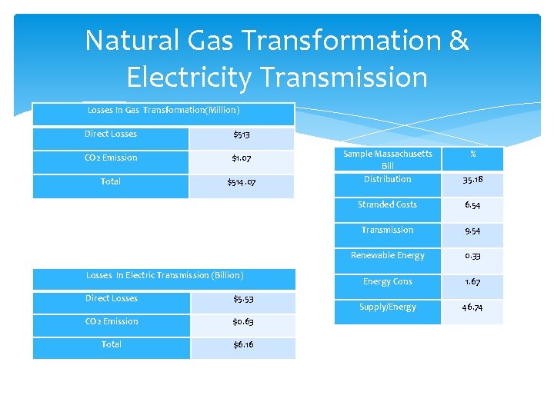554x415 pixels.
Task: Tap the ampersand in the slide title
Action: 458,40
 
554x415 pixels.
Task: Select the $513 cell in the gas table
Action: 241,135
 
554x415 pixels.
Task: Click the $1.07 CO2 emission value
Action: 241,159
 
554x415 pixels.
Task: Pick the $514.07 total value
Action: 241,183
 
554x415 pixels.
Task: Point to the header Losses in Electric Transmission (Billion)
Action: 165,275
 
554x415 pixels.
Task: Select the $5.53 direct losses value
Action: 243,299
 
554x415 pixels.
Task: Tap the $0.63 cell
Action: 243,322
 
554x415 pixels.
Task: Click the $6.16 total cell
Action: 243,345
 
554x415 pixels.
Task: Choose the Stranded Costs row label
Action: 387,204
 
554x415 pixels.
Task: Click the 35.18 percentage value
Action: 472,180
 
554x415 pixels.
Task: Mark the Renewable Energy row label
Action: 387,255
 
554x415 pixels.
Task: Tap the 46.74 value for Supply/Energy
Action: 472,307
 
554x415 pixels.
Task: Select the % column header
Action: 472,154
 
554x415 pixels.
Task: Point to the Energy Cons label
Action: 387,281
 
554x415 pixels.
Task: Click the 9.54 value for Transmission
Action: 472,231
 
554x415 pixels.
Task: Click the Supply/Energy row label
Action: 387,307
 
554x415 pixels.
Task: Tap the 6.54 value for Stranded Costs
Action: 472,205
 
